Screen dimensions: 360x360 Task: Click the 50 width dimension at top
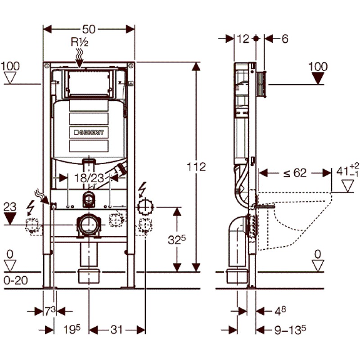[89, 29]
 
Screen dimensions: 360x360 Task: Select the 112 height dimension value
[197, 167]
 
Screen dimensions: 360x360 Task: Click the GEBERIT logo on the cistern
[89, 132]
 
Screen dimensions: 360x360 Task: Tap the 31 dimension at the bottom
[117, 330]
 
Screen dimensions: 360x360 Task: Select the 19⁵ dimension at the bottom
[71, 330]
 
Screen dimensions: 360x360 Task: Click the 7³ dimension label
[49, 310]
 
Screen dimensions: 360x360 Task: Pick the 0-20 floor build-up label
[15, 280]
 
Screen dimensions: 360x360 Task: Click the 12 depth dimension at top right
[243, 39]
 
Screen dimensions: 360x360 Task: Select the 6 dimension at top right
[284, 39]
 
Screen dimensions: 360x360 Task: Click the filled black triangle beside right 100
[319, 79]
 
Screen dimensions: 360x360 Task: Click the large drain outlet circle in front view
[88, 225]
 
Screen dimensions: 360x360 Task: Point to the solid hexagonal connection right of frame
[145, 207]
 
